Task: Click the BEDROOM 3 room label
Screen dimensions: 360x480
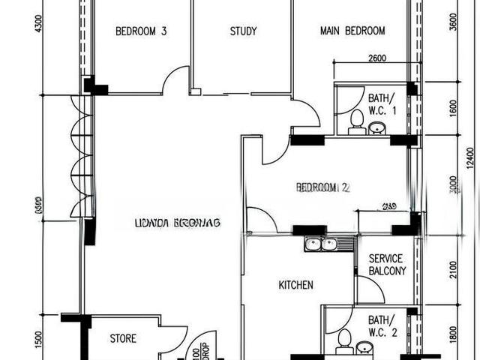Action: coord(141,31)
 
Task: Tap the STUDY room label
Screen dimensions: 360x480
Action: coord(243,31)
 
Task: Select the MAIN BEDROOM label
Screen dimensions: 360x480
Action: coord(352,31)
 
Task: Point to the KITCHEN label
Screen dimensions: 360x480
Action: coord(295,285)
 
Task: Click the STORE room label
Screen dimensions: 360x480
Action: coord(123,339)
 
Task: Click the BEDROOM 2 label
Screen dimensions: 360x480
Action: coord(322,187)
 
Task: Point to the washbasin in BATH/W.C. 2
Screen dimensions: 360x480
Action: coord(364,347)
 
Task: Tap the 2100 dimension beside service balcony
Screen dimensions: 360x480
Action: coord(453,268)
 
